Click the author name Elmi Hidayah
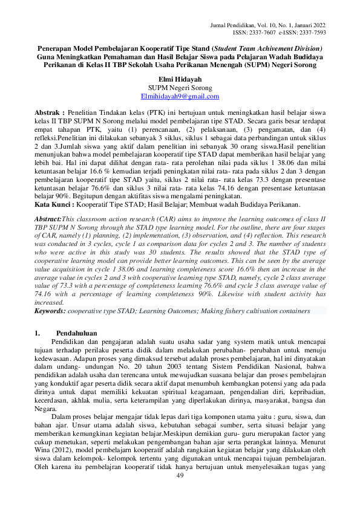click(180, 79)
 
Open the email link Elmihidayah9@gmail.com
click(180, 96)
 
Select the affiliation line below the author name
click(180, 88)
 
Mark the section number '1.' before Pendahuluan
click(38, 333)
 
